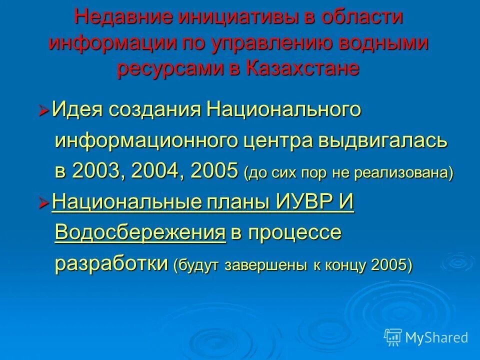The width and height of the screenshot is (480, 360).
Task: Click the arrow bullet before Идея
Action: coord(44,110)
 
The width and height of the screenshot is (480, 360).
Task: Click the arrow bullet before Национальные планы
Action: coord(44,203)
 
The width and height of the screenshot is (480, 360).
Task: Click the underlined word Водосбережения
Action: coord(140,233)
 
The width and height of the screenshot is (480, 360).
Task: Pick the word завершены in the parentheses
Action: coord(267,265)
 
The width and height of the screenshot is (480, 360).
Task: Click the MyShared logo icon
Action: coord(393,337)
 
